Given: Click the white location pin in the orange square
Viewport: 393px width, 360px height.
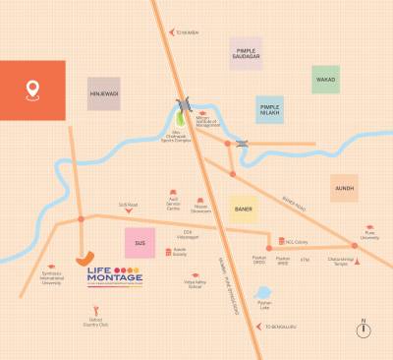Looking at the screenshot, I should click(32, 90).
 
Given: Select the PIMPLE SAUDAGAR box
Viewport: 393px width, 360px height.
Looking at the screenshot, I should click(246, 54).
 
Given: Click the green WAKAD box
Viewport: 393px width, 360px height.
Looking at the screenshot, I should click(325, 80).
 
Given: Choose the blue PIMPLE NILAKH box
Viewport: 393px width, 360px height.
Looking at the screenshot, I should click(270, 108).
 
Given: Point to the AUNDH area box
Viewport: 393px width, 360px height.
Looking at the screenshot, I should click(344, 187).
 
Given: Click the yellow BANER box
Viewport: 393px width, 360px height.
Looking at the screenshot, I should click(244, 209).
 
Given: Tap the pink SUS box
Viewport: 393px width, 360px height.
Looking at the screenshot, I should click(140, 242).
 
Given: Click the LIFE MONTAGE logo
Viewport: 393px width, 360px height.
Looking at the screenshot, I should click(114, 276).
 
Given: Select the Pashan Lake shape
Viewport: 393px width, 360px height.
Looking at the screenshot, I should click(262, 293).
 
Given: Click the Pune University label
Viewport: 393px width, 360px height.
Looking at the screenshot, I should click(369, 237).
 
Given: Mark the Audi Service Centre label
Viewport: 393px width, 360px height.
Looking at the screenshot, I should click(173, 206).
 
